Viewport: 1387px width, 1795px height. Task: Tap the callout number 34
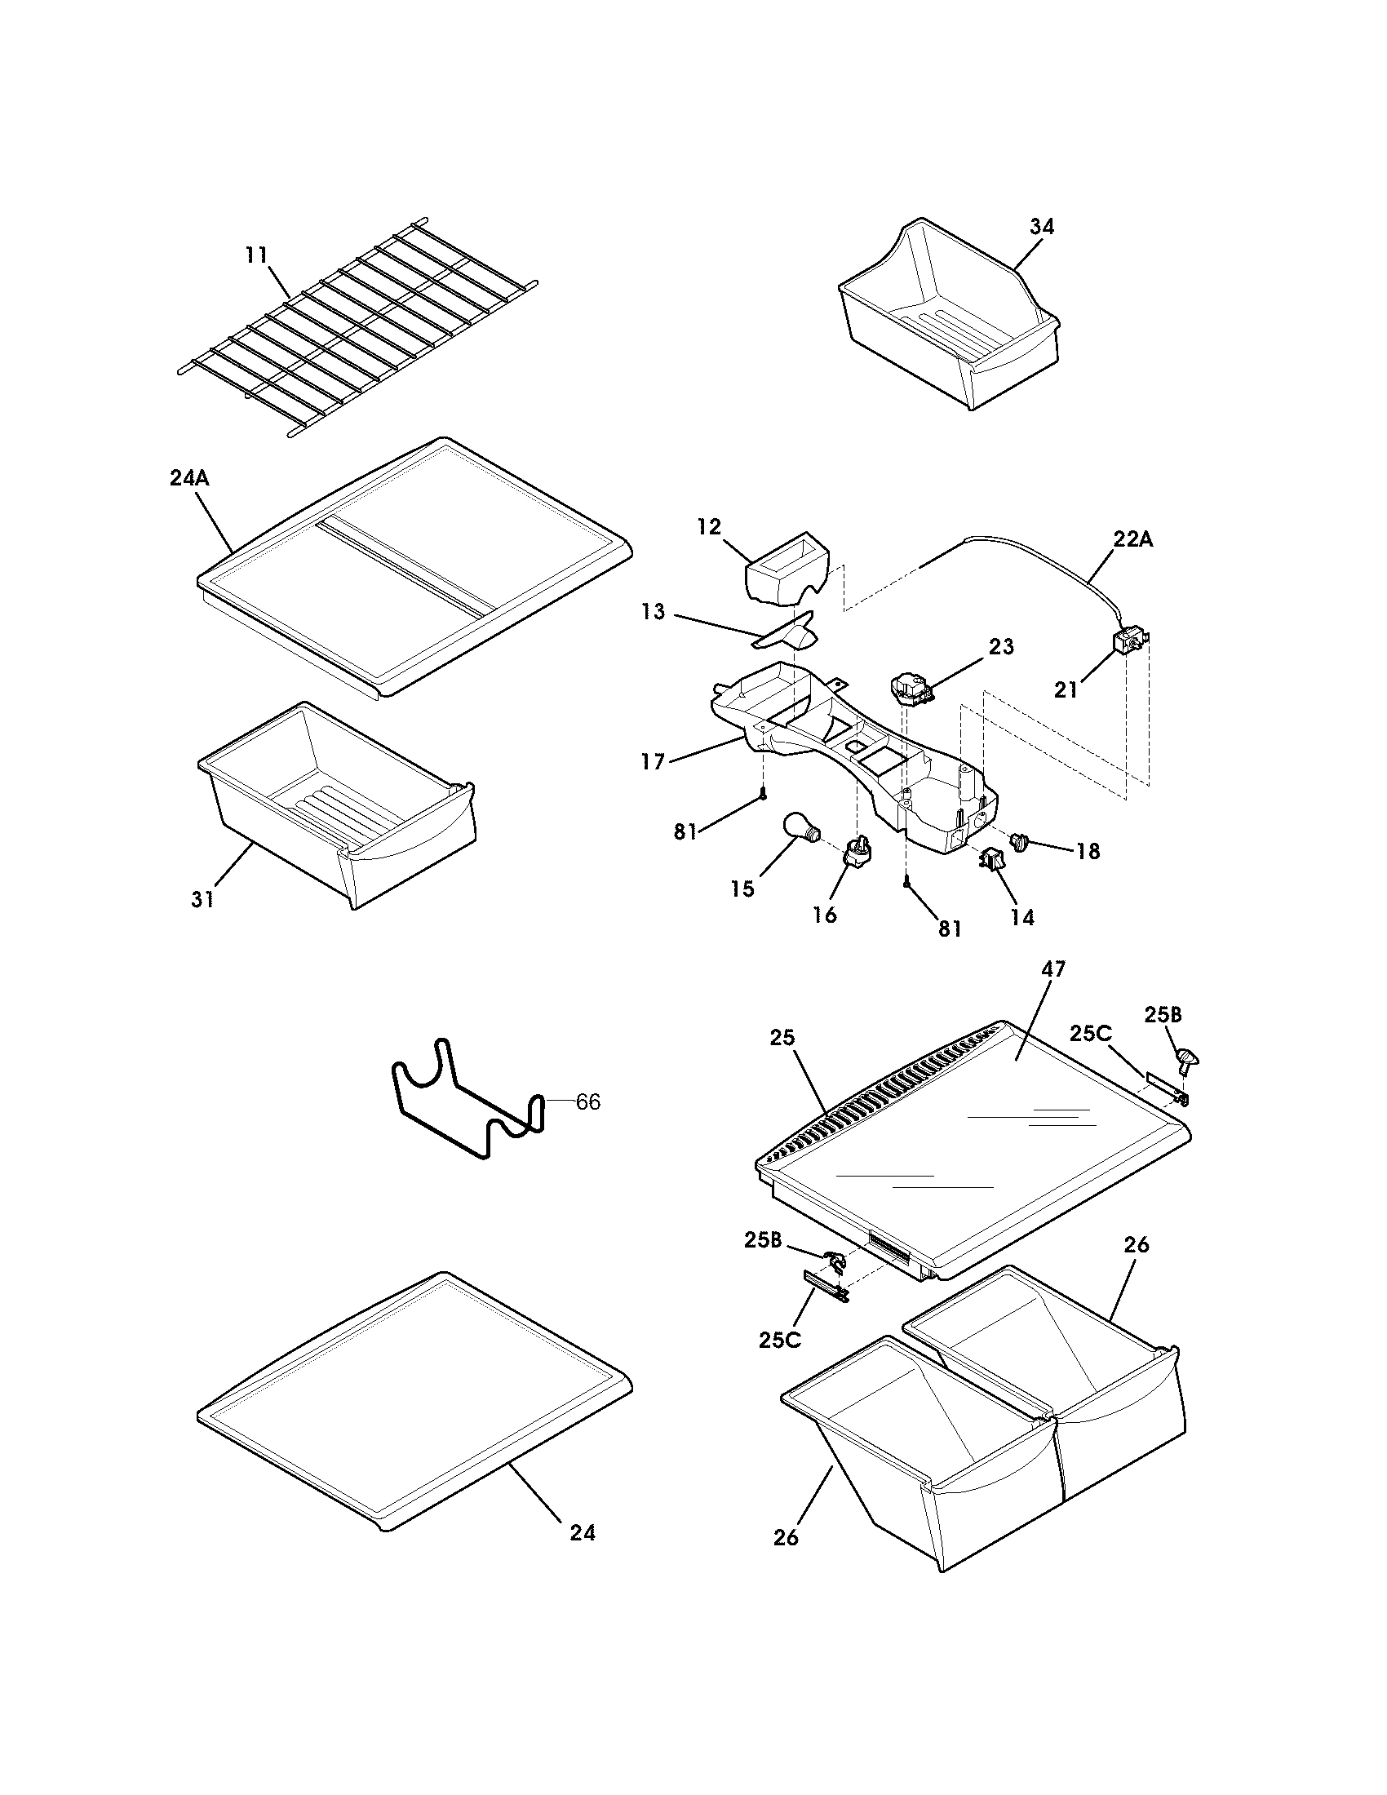(1041, 227)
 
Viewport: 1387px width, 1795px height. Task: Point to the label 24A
(189, 478)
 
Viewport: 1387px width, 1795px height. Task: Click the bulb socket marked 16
(857, 852)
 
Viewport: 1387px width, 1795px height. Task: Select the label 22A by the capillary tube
(1133, 539)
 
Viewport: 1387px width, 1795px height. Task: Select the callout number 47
(1052, 969)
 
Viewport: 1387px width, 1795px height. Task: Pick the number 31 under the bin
(202, 899)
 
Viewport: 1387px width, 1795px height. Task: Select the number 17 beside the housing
(653, 762)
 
